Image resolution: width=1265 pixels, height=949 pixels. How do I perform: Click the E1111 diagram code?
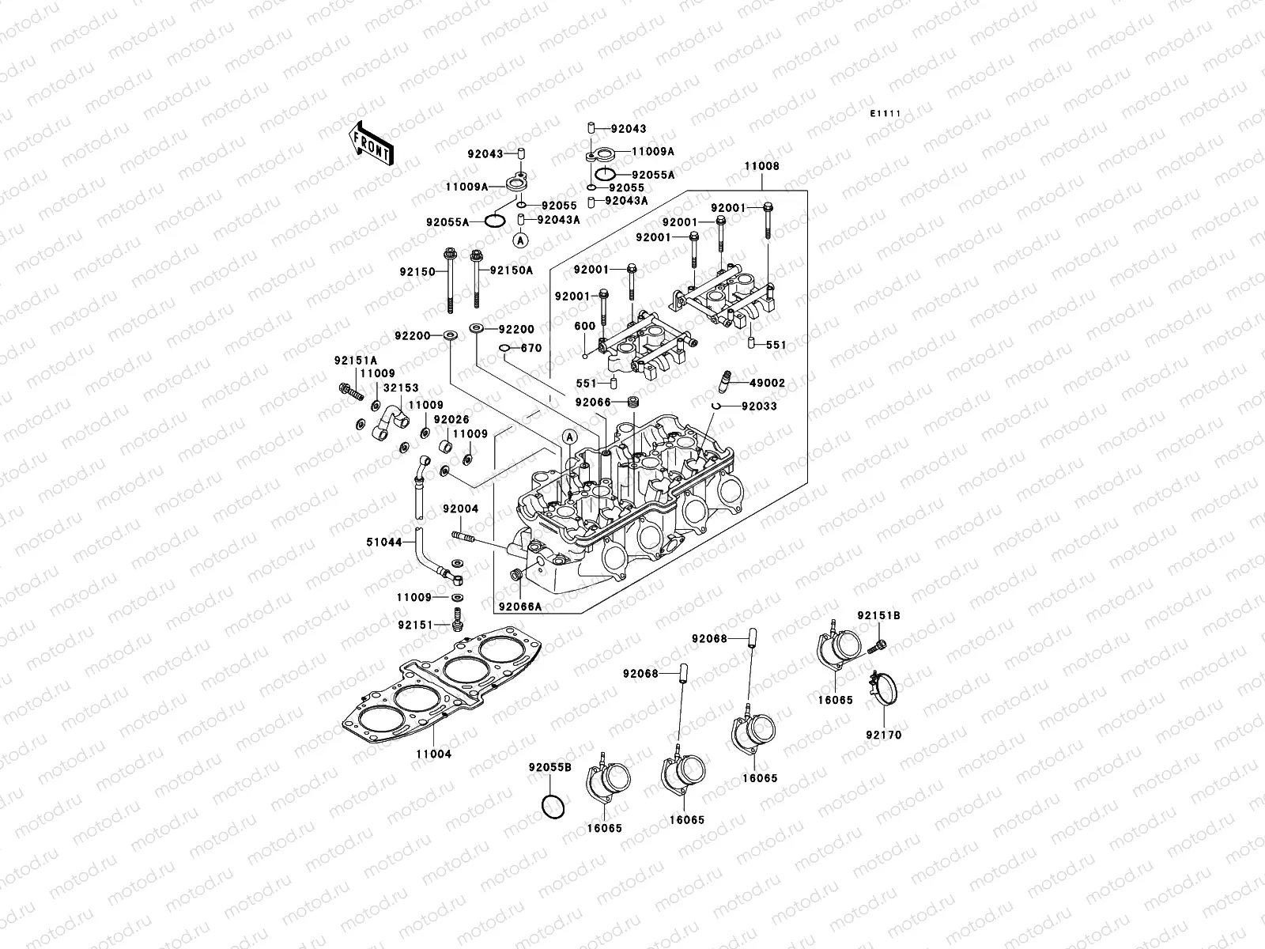(x=885, y=114)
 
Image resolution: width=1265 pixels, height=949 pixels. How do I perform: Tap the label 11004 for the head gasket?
(x=432, y=754)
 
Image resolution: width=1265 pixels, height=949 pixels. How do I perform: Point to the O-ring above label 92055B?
(x=553, y=806)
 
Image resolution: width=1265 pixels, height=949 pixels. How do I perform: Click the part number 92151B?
(x=878, y=615)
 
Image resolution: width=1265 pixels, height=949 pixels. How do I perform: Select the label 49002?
(x=766, y=383)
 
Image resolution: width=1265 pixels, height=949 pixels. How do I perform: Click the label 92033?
(x=758, y=406)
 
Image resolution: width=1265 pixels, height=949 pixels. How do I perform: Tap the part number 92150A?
(x=511, y=270)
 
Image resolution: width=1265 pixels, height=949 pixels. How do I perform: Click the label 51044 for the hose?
(x=385, y=543)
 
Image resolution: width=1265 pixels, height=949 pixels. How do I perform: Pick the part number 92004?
(x=460, y=509)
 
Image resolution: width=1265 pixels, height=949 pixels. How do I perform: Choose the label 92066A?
(x=519, y=607)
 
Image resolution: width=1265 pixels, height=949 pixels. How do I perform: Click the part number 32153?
(x=402, y=388)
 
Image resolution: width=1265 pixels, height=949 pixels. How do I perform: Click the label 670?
(x=531, y=348)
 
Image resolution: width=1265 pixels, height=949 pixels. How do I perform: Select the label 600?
(x=584, y=326)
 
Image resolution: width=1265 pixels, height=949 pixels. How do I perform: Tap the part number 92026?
(x=451, y=419)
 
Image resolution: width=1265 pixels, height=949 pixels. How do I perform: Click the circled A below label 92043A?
(x=520, y=239)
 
